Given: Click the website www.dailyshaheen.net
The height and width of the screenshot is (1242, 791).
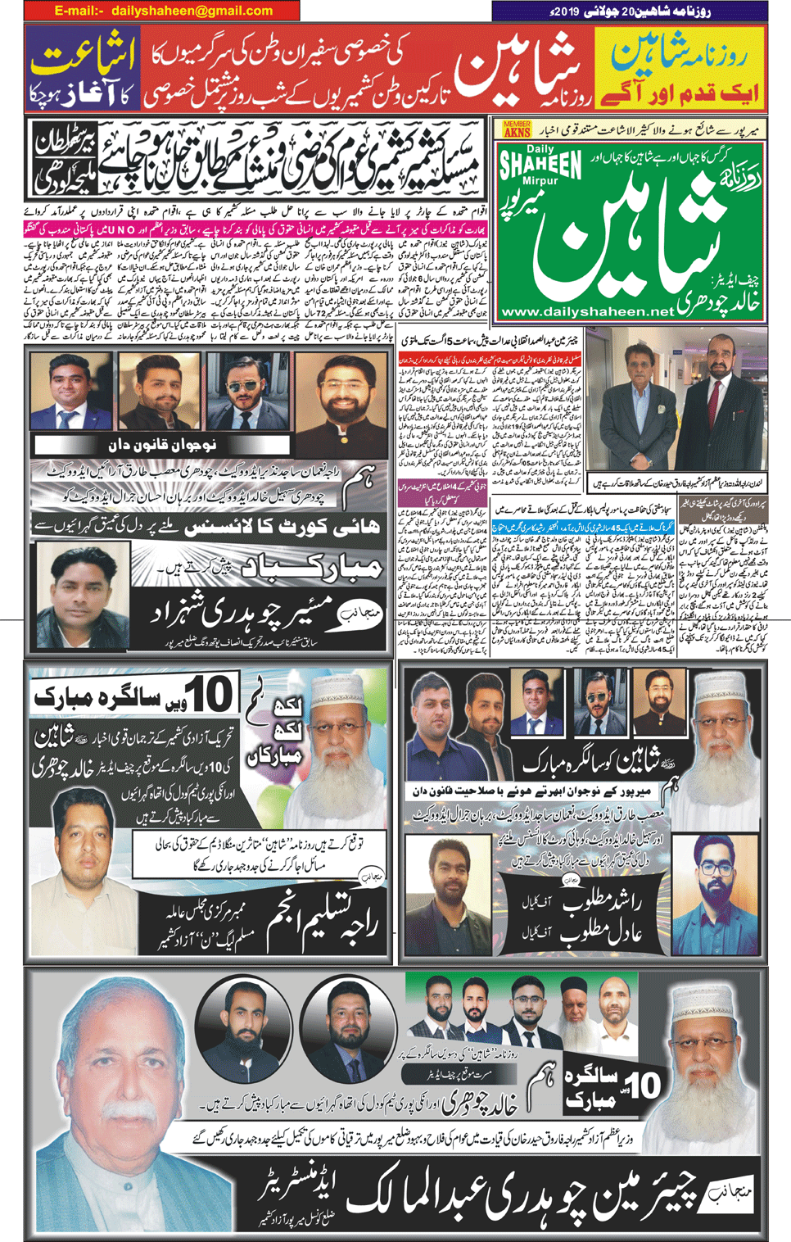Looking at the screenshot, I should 587,311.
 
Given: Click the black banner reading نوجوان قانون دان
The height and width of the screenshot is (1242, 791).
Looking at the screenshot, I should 161,446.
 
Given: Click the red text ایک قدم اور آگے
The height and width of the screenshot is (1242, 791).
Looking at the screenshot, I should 680,92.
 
